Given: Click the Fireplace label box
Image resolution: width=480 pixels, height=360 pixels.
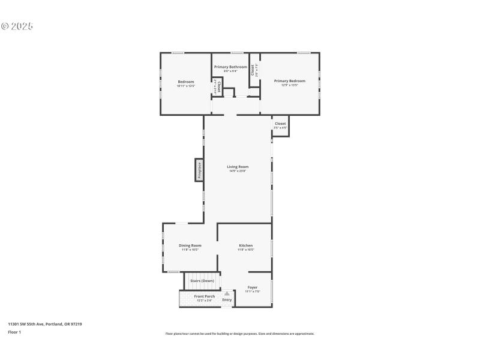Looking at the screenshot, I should [x=199, y=170].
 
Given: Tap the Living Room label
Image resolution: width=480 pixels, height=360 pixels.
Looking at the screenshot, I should [x=238, y=167].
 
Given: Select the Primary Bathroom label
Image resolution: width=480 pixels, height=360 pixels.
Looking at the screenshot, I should [x=230, y=67].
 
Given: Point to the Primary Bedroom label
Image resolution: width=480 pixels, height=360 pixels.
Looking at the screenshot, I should [x=290, y=81].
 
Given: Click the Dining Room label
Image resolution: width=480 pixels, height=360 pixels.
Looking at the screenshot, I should [x=190, y=245].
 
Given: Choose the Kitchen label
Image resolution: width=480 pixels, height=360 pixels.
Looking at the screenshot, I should [x=246, y=245].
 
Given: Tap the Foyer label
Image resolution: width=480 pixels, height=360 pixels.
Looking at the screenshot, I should [x=253, y=287].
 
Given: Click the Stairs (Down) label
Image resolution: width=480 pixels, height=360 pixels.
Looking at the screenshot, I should [x=202, y=281].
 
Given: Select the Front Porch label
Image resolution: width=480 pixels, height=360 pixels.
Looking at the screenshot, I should [x=205, y=296].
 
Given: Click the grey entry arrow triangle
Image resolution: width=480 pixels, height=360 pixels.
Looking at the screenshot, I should [x=227, y=293].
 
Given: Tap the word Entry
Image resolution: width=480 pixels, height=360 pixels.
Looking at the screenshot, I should [x=227, y=299].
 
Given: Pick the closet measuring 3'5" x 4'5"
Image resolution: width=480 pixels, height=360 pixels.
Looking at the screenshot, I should [x=280, y=125].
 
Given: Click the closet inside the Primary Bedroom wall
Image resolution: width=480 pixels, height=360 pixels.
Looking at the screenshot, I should [x=254, y=70].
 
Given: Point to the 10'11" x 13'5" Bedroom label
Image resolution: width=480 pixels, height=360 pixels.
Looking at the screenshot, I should [x=186, y=83].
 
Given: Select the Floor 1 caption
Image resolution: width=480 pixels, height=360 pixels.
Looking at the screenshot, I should [x=14, y=332].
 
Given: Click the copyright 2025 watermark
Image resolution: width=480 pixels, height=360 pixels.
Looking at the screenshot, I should [x=17, y=26].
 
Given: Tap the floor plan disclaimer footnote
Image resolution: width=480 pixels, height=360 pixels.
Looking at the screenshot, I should [x=239, y=334].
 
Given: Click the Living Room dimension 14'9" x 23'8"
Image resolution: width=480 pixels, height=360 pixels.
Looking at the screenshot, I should [x=238, y=171].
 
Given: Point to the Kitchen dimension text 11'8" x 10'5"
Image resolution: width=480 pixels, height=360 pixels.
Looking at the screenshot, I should [x=246, y=250].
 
